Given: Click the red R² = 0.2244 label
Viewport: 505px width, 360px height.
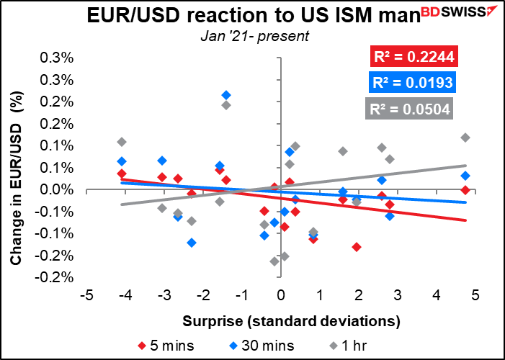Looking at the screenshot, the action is click(414, 57).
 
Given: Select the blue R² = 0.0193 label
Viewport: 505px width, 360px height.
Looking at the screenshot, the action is click(413, 83).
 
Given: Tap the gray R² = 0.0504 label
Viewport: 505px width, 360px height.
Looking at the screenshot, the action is click(410, 109).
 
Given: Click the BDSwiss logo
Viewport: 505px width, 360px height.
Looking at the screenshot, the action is click(460, 12).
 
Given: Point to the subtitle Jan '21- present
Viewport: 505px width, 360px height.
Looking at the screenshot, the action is click(255, 36).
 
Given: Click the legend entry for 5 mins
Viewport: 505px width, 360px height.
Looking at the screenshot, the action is click(166, 346).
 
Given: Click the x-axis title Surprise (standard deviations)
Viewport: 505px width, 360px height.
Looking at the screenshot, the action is click(292, 321).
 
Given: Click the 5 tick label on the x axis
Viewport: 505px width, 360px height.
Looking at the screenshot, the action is click(475, 295).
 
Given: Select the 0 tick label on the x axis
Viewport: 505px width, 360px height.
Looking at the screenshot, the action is click(281, 295).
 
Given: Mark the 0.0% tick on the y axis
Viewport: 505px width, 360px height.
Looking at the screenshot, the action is click(55, 190).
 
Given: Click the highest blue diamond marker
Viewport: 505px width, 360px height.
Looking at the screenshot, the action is click(226, 95).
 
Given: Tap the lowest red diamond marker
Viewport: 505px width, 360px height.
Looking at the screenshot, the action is click(356, 247).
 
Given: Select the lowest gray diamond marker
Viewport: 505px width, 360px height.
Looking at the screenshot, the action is click(274, 261).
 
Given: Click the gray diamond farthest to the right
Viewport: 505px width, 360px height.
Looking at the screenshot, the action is click(465, 138).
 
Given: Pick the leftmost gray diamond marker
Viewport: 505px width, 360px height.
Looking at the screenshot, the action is click(122, 142).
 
